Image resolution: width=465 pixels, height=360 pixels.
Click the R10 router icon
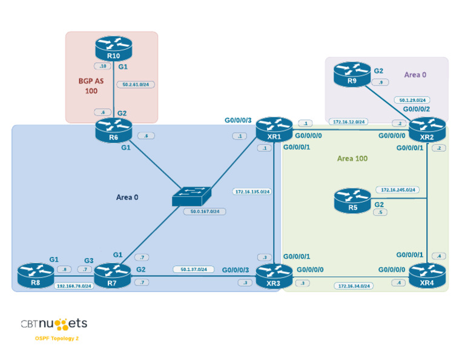[113, 48]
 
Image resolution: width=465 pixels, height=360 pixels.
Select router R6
[113, 130]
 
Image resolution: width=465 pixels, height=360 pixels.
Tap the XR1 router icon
[274, 129]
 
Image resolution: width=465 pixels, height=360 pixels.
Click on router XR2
[427, 130]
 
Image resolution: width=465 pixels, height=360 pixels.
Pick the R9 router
[352, 73]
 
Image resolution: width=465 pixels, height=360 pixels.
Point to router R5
[352, 201]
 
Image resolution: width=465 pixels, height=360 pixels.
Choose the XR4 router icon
[427, 275]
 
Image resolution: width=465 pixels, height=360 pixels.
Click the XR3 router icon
[274, 276]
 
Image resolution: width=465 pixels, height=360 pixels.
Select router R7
[112, 276]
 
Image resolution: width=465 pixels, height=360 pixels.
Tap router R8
[36, 275]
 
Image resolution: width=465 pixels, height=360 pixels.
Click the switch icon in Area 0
[191, 196]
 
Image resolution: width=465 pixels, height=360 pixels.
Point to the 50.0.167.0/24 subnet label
[205, 212]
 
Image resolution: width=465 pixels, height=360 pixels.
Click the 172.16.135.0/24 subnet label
[252, 192]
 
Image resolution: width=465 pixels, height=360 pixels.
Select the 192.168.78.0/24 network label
[74, 285]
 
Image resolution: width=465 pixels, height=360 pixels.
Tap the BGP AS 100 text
[91, 85]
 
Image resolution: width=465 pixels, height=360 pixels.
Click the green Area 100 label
[352, 159]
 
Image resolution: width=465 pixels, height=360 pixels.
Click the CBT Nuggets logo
[54, 324]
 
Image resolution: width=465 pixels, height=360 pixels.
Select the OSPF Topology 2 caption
[57, 338]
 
